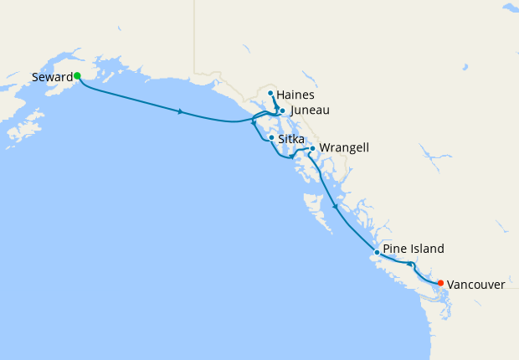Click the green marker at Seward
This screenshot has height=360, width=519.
click(77, 75)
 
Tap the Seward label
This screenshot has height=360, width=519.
click(51, 77)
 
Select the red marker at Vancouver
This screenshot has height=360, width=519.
click(440, 282)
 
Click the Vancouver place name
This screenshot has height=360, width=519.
click(475, 285)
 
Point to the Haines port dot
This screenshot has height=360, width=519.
click(270, 93)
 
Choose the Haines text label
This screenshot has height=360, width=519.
click(295, 95)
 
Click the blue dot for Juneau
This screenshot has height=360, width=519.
click(282, 111)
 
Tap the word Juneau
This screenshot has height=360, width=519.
click(309, 111)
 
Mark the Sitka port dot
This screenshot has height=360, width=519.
click(271, 137)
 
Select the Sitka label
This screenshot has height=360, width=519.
click(290, 139)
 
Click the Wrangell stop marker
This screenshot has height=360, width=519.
click(312, 148)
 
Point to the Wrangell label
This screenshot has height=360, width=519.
click(344, 148)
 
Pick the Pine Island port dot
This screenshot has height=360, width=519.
click(377, 252)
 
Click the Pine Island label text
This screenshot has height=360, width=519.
click(414, 249)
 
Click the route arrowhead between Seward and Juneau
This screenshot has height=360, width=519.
click(181, 111)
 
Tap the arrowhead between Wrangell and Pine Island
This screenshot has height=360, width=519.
click(334, 205)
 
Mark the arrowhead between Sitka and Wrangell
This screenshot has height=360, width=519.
click(291, 156)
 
